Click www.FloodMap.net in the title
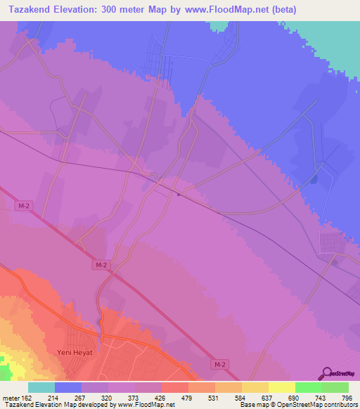[x=229, y=9]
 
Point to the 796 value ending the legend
[x=345, y=397]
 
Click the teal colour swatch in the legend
[x=41, y=387]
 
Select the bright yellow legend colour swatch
[x=281, y=387]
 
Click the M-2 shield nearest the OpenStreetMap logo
[x=219, y=364]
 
